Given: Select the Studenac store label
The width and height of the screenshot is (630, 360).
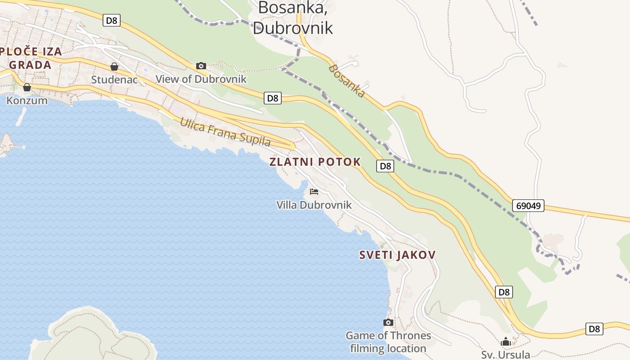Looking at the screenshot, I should click(114, 80).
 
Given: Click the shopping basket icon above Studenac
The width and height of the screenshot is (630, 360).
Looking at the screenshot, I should click(114, 67).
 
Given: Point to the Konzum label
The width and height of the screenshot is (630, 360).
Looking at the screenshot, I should click(27, 100).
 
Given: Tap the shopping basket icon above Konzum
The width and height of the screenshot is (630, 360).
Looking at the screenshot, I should click(27, 87).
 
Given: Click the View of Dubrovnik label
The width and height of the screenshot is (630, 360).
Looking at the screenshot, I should click(201, 79).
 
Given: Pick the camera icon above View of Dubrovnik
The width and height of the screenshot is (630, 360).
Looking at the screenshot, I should click(201, 66).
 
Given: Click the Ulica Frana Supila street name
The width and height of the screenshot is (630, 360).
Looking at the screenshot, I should click(225, 132).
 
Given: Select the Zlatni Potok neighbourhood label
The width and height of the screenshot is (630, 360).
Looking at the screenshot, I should click(315, 162).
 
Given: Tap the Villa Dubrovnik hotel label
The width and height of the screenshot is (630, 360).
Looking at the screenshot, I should click(314, 205).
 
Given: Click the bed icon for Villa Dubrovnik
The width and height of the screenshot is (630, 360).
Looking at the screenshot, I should click(314, 192).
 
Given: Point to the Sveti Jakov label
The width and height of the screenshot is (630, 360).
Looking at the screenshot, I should click(397, 255).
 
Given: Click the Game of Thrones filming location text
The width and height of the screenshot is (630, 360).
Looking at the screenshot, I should click(388, 342).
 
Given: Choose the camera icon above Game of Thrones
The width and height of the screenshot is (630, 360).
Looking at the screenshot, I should click(388, 322).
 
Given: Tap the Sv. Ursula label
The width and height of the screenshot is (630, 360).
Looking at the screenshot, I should click(506, 355).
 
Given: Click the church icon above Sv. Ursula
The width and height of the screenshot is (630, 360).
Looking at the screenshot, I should click(506, 342).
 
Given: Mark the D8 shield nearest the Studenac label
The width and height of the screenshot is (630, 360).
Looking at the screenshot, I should click(112, 20).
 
